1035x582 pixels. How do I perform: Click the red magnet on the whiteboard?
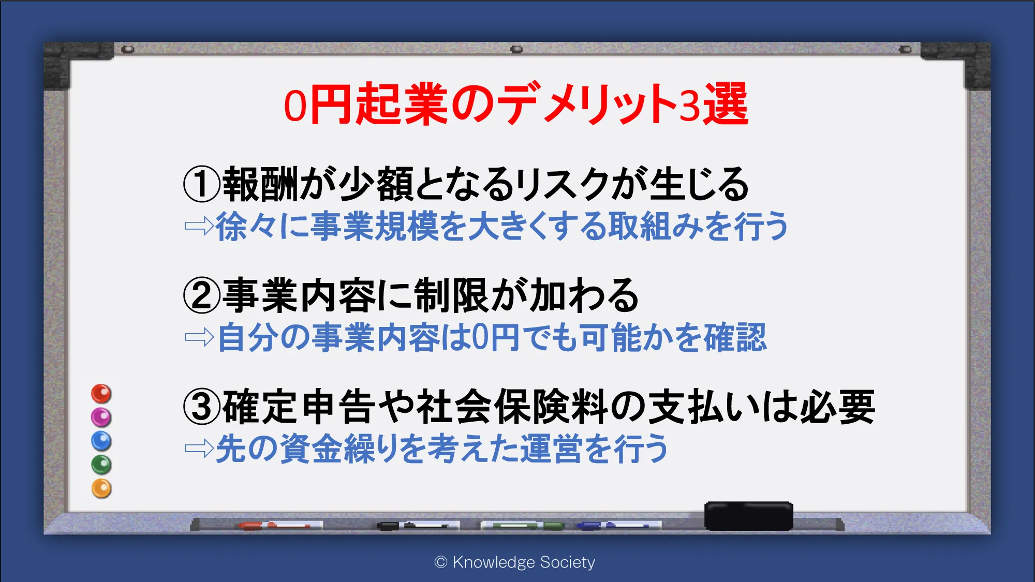(101, 394)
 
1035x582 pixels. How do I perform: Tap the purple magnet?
(101, 417)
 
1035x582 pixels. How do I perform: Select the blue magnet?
(101, 441)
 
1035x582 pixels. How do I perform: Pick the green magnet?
(101, 465)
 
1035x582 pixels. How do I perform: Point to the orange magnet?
(101, 488)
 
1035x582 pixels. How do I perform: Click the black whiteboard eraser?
(749, 516)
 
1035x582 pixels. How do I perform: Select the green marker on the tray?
(523, 526)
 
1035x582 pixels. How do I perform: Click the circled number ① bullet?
(202, 185)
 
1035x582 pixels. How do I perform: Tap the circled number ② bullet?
(202, 295)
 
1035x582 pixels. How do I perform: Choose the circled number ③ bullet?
(202, 407)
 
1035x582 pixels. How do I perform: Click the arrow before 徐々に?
(199, 226)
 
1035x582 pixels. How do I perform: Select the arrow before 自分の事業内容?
(199, 338)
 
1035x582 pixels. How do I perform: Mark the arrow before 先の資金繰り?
(199, 449)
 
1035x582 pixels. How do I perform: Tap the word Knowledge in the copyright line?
(494, 562)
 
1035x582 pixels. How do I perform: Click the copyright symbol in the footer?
(441, 562)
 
